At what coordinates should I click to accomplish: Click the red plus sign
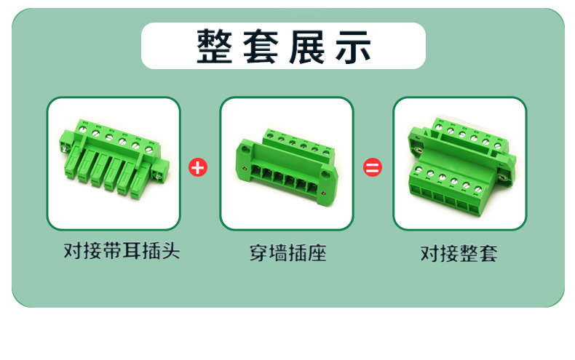pos(198,167)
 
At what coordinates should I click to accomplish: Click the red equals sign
pos(373,167)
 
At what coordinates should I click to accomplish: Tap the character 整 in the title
pos(214,47)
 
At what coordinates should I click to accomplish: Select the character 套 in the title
pos(261,47)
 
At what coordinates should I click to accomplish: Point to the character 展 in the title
pos(307,47)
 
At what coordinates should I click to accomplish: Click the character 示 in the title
pos(353,47)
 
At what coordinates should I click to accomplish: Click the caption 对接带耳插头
pos(122,251)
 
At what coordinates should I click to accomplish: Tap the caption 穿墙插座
pos(288,253)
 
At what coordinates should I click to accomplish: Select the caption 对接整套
pos(459,253)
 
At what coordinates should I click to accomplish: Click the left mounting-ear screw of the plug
pos(65,148)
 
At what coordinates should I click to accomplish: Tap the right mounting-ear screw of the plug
pos(159,177)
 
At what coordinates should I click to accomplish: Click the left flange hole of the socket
pos(245,150)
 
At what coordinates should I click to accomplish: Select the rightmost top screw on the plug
pos(149,150)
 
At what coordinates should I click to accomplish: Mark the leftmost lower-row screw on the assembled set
pos(419,169)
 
